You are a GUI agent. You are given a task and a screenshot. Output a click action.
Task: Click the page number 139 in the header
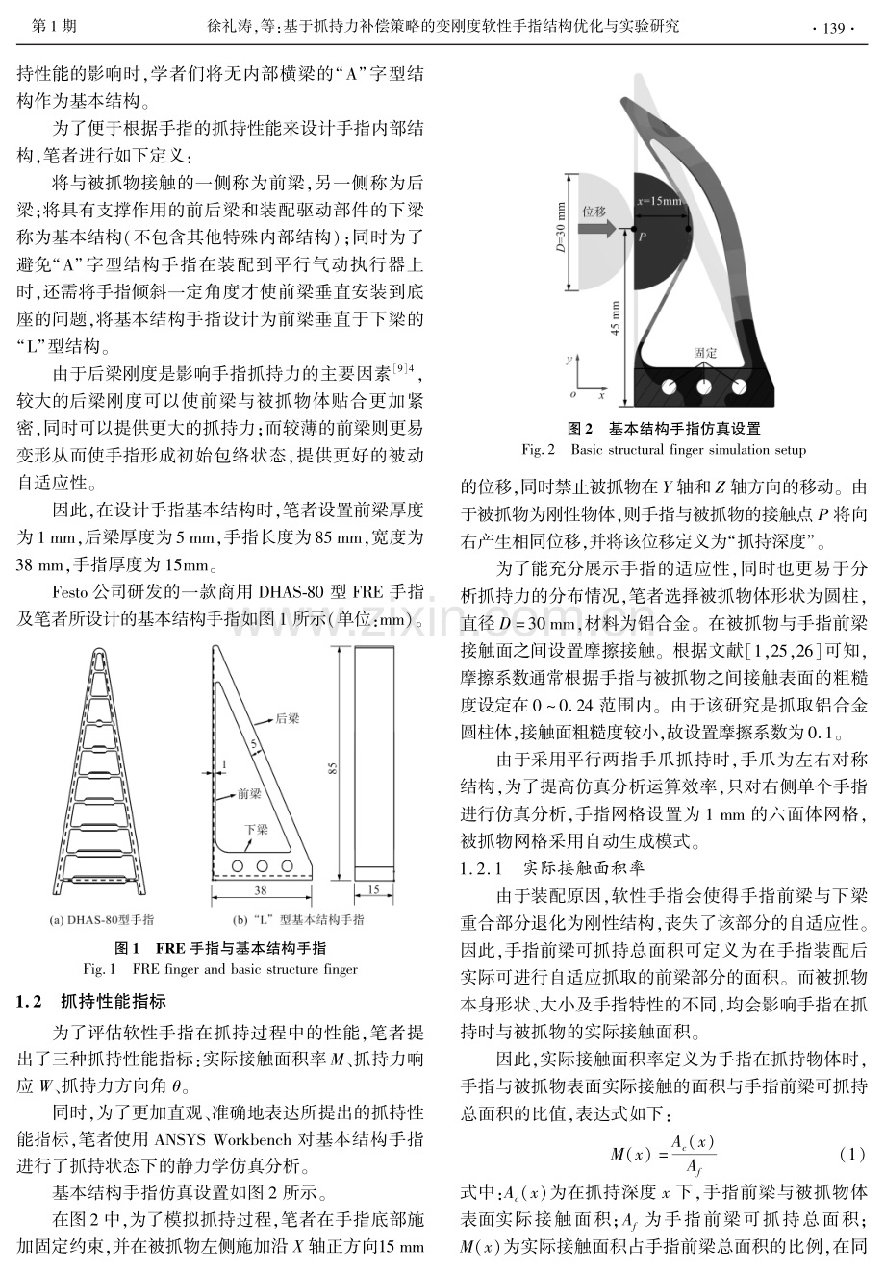(x=833, y=28)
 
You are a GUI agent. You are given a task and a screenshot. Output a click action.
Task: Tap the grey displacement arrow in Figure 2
(x=597, y=228)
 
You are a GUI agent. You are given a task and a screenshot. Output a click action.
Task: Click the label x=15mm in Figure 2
(x=659, y=201)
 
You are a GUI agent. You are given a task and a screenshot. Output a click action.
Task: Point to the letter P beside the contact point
(x=642, y=237)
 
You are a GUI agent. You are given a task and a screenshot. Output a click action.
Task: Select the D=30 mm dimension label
(x=561, y=227)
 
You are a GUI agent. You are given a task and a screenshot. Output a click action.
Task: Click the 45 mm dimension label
(x=616, y=318)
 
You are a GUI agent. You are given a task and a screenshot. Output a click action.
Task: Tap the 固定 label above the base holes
(x=705, y=353)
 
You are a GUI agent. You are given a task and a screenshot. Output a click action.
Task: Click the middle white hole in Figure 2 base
(x=704, y=387)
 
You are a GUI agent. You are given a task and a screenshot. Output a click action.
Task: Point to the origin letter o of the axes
(x=573, y=394)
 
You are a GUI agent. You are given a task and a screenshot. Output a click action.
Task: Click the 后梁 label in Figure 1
(x=288, y=718)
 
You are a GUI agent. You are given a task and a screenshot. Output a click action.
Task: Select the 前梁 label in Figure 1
(x=249, y=794)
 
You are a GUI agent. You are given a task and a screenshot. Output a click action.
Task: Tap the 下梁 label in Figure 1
(x=256, y=830)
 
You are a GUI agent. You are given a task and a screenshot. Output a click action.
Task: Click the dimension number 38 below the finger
(x=261, y=890)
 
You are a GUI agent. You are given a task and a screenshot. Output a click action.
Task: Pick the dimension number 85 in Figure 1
(x=333, y=768)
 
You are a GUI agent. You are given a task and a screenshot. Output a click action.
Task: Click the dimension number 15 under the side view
(x=374, y=890)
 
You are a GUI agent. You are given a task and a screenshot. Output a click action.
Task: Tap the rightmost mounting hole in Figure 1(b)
(x=288, y=866)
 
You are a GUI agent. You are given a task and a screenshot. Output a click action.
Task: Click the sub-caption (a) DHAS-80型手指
(x=102, y=920)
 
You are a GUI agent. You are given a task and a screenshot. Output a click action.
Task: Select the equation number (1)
(x=851, y=1154)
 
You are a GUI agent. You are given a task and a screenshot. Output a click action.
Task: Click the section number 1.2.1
(x=481, y=868)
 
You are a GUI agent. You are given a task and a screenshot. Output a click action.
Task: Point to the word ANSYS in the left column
(x=179, y=1139)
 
